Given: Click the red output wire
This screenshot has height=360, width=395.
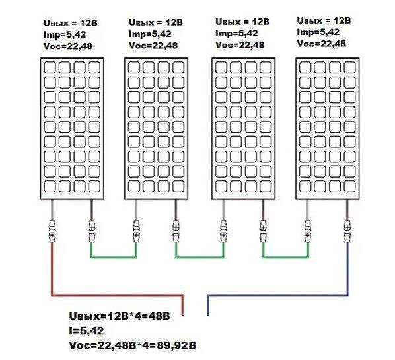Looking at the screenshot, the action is [118, 295].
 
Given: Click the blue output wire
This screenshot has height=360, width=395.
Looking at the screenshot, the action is [277, 295].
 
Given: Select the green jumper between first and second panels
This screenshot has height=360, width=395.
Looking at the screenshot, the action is [114, 257].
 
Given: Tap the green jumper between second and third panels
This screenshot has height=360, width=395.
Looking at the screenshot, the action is [199, 257].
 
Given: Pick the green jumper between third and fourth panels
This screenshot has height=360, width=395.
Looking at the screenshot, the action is [285, 257].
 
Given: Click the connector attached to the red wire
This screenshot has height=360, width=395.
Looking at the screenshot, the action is [52, 231].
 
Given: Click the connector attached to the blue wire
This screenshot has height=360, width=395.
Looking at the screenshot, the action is [347, 231].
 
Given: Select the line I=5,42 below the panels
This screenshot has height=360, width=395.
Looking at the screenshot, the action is [87, 330].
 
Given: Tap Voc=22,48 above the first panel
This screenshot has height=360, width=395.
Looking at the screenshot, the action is [68, 46].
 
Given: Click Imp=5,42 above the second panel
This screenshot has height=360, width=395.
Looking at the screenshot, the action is [150, 34].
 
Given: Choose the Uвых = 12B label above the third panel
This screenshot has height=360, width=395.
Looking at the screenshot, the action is [242, 22].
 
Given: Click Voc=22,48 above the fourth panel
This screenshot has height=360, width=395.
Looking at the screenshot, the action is [321, 44].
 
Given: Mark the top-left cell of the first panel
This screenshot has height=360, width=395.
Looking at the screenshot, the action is [50, 67].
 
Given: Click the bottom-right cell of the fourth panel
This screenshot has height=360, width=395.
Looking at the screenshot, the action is [349, 186].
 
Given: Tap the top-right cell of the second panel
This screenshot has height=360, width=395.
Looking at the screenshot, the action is [178, 67].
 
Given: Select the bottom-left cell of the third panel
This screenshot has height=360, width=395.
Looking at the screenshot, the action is [221, 186].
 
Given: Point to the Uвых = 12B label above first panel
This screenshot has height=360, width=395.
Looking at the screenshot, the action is [70, 23].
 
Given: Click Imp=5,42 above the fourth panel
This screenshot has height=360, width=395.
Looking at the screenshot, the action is [318, 32].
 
